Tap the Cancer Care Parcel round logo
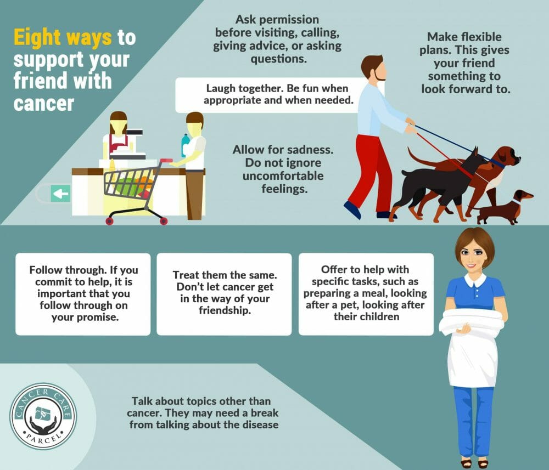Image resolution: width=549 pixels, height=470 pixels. click(x=43, y=416)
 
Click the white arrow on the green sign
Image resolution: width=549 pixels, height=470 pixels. click(x=61, y=194)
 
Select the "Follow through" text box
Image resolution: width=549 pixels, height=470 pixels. click(x=83, y=294)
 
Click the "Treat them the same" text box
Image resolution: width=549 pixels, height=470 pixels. click(x=224, y=294)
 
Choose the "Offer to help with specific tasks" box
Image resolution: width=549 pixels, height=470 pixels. click(x=366, y=294)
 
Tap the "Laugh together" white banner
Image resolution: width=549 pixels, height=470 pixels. click(x=271, y=94)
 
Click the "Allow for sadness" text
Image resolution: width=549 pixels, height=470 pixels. click(x=278, y=169)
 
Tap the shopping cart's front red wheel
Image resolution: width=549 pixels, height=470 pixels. click(x=109, y=222)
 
